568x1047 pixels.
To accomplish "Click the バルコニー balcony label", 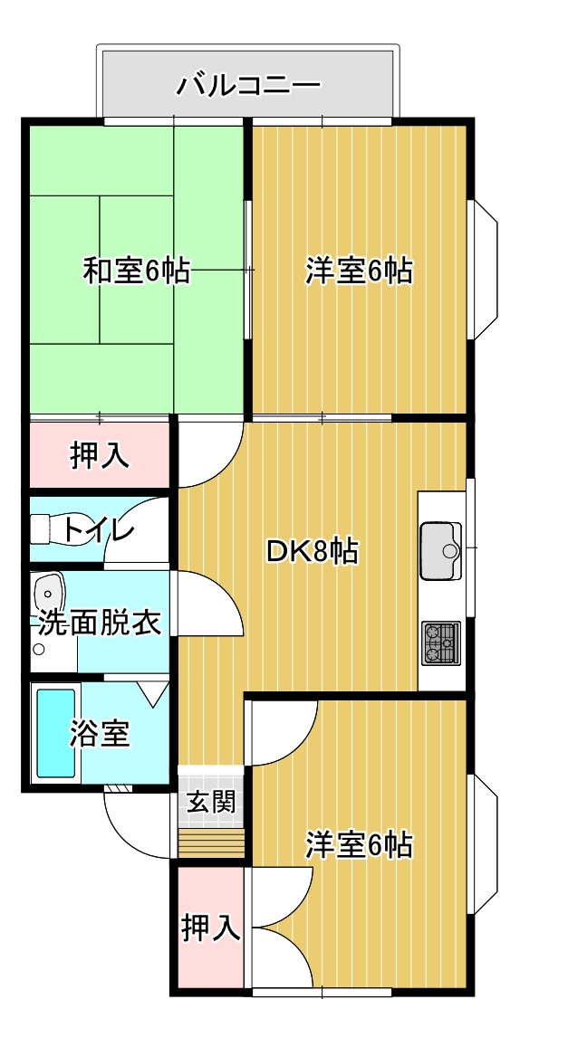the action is pyautogui.click(x=248, y=86).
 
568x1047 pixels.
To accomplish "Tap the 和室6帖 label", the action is pyautogui.click(x=136, y=271).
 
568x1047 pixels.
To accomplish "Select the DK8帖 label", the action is pyautogui.click(x=312, y=551).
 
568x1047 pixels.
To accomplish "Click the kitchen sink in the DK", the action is pyautogui.click(x=441, y=551).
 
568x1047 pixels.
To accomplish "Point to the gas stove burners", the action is pyautogui.click(x=440, y=642).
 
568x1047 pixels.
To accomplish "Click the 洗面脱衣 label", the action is pyautogui.click(x=99, y=623).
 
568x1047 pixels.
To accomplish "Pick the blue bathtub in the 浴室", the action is pyautogui.click(x=55, y=733).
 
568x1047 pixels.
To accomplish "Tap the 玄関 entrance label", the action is pyautogui.click(x=210, y=801).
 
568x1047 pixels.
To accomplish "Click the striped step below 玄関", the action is pyautogui.click(x=211, y=843).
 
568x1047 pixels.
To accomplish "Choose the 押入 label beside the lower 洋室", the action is pyautogui.click(x=211, y=928).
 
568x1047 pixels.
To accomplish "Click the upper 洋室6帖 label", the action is pyautogui.click(x=359, y=271).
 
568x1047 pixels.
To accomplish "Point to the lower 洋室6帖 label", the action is pyautogui.click(x=359, y=845).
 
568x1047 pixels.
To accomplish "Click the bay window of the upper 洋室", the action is pyautogui.click(x=486, y=270).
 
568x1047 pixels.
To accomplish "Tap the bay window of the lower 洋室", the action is pyautogui.click(x=486, y=843).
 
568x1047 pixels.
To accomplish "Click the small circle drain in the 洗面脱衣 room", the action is pyautogui.click(x=39, y=648).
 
